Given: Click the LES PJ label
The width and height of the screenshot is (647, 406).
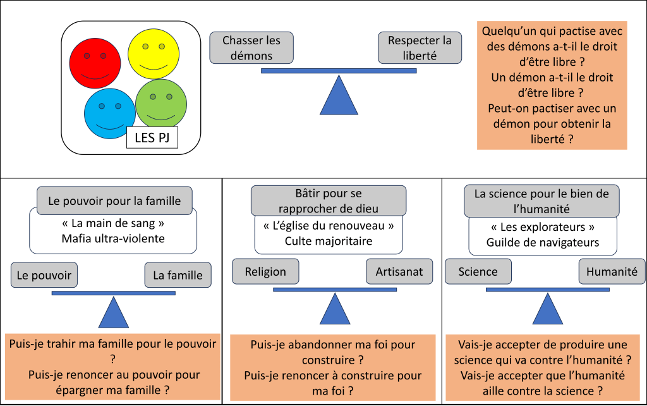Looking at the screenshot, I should click(x=152, y=138).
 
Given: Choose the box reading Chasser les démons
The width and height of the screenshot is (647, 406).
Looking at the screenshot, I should click(x=251, y=48).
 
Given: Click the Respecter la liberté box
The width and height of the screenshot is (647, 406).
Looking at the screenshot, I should click(x=420, y=48).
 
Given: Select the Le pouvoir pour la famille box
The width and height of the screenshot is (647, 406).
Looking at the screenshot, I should click(x=114, y=201).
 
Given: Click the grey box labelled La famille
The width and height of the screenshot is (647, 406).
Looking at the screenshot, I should click(x=178, y=275).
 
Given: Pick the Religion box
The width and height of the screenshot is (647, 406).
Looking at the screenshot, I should click(x=265, y=271).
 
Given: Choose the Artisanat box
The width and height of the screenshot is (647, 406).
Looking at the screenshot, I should click(x=399, y=271).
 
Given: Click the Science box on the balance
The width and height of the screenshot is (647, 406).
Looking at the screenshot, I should click(x=478, y=271).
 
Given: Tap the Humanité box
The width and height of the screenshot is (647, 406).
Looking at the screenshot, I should click(x=612, y=271).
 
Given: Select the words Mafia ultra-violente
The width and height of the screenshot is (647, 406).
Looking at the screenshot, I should click(x=114, y=238).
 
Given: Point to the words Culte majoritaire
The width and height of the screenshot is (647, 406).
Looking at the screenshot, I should click(x=328, y=240).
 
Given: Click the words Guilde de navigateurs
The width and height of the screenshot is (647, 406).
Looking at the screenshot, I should click(x=543, y=242).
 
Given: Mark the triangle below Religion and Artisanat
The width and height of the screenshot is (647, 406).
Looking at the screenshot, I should click(x=334, y=310).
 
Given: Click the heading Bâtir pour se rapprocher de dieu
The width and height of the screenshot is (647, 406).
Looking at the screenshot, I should click(x=328, y=200).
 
